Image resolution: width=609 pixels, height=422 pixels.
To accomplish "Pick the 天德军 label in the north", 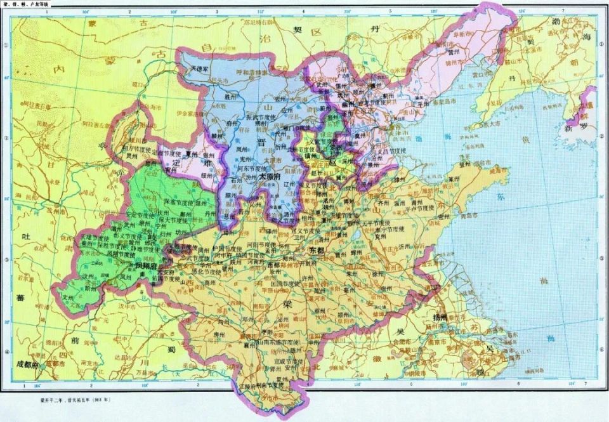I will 204,67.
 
